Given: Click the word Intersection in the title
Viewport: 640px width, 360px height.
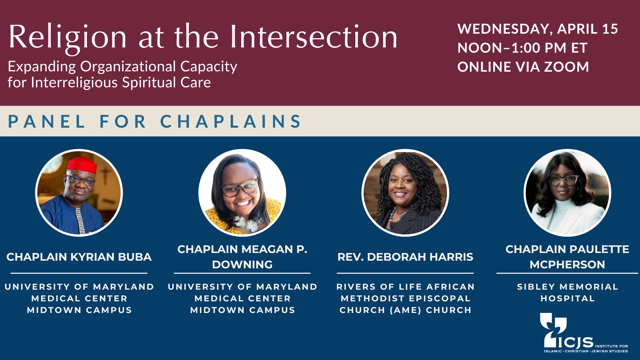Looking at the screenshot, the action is click(314, 37).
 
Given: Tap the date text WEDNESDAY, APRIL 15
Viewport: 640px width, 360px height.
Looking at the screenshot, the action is click(538, 29).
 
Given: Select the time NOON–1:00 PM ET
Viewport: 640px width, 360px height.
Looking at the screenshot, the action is click(522, 48).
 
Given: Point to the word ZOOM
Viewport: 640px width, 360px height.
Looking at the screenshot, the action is click(566, 67).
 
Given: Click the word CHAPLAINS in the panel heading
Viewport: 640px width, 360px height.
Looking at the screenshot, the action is click(231, 121).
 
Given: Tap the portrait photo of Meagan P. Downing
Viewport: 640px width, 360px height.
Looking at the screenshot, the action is click(242, 193).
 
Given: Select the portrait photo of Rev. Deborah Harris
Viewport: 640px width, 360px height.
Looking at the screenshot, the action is click(405, 193).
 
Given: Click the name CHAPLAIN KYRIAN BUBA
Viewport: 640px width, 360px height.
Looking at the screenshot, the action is click(79, 257).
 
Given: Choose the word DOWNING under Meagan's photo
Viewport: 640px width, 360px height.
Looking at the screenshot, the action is click(242, 265).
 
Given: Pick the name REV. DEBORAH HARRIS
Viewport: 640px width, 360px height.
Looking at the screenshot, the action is click(405, 257).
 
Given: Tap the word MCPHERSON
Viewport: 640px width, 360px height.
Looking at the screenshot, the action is click(567, 265).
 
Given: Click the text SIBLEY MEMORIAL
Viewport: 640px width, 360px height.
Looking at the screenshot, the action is click(568, 287).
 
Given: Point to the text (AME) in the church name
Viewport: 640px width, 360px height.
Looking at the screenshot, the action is click(405, 310).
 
